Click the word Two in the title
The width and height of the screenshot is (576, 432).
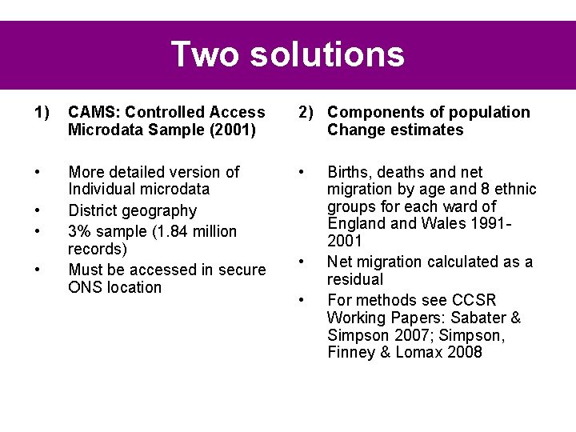pyautogui.click(x=205, y=54)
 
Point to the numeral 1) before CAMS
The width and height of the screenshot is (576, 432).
pyautogui.click(x=42, y=112)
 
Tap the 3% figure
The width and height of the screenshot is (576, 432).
pyautogui.click(x=80, y=231)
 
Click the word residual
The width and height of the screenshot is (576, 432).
pyautogui.click(x=355, y=279)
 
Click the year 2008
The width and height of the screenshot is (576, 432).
pyautogui.click(x=465, y=353)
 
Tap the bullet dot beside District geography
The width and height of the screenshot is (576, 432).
pyautogui.click(x=38, y=211)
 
